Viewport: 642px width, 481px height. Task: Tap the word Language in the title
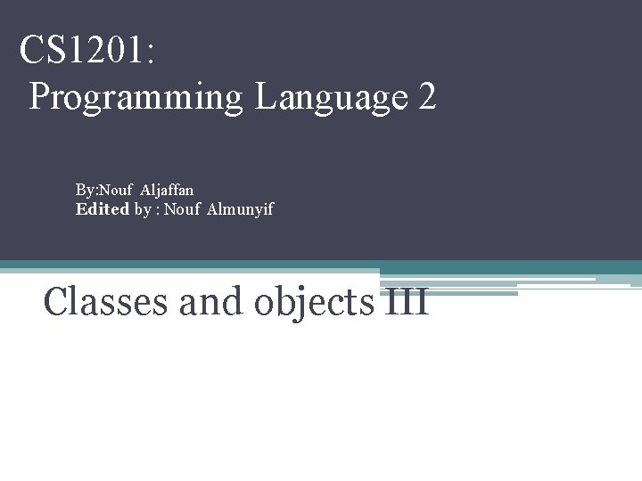tap(330, 97)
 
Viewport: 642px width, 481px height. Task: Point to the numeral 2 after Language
tap(426, 96)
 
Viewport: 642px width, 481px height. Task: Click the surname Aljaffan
tap(167, 190)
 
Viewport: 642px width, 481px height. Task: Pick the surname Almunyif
tap(240, 209)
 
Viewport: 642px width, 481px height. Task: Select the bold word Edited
tap(103, 209)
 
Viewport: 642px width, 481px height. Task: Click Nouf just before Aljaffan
tap(117, 190)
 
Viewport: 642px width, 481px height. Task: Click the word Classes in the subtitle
tap(107, 301)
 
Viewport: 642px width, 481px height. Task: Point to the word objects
tap(313, 303)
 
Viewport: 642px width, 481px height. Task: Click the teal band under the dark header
tap(535, 266)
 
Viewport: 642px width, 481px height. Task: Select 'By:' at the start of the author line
tap(86, 190)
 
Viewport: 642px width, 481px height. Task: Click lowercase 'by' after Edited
tap(143, 210)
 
